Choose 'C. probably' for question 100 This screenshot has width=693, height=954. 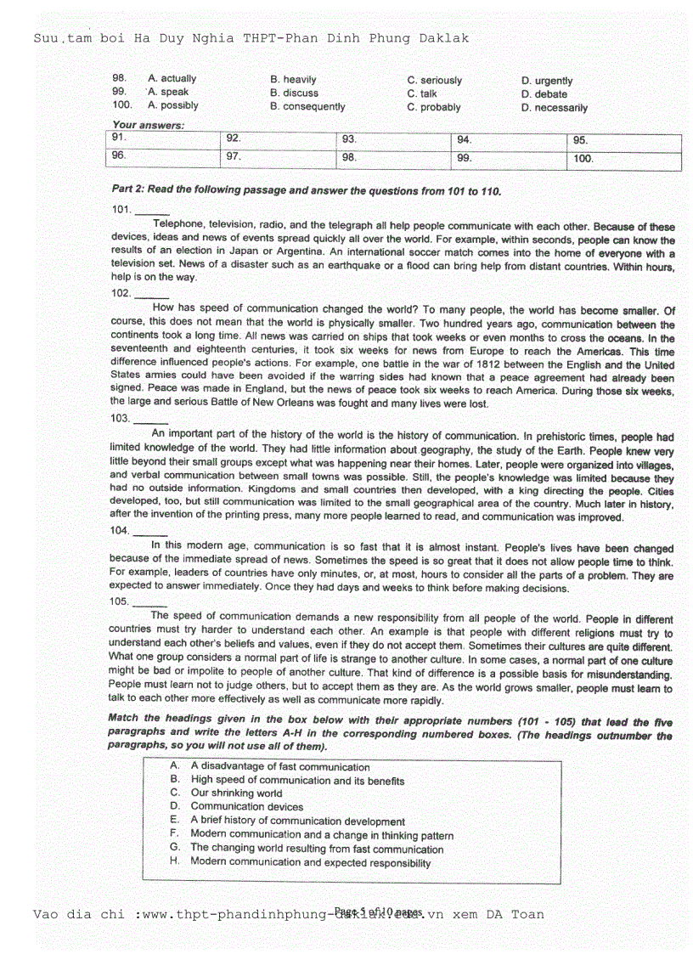point(434,108)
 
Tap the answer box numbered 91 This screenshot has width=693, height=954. point(164,141)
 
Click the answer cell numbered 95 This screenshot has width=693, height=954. point(625,143)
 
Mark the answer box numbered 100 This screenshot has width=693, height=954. point(625,160)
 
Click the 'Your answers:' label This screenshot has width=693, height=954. point(148,125)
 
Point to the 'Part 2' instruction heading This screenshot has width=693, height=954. point(307,191)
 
